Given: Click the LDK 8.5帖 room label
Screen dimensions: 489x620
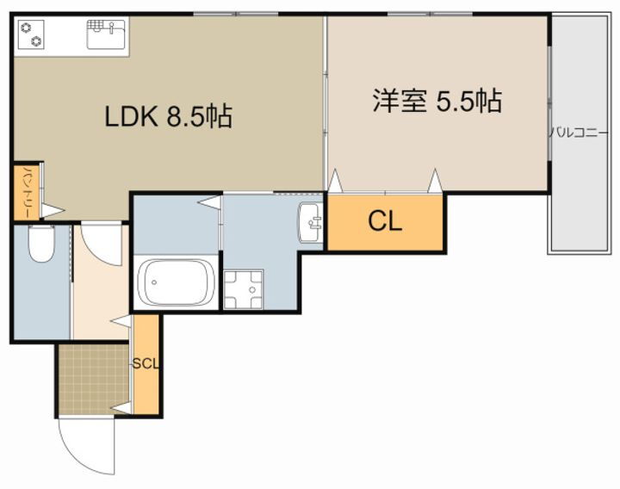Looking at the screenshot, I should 168,116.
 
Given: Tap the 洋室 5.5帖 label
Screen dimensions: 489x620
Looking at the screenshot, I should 437,101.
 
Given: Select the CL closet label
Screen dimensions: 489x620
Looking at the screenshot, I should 385,222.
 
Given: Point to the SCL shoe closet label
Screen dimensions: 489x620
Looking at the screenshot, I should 146,363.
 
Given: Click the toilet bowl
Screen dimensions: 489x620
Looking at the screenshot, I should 40,244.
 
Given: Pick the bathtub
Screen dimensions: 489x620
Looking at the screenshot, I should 177,281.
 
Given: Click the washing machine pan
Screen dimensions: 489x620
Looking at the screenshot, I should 243,289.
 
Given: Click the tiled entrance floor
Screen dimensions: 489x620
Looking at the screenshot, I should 93,380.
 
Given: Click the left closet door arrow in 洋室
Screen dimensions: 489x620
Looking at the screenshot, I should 335,182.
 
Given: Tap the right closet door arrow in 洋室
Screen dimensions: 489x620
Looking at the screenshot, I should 436,181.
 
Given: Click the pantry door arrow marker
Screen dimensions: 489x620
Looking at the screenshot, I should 53,209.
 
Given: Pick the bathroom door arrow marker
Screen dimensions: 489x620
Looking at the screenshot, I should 208,201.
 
